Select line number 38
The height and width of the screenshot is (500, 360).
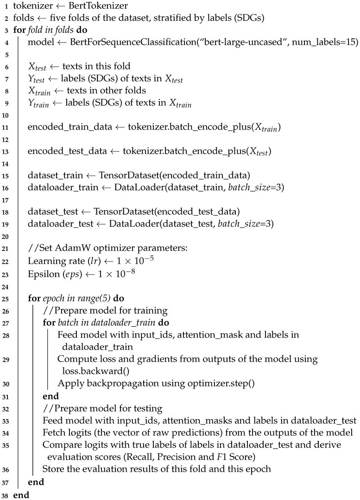click(x=5, y=494)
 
